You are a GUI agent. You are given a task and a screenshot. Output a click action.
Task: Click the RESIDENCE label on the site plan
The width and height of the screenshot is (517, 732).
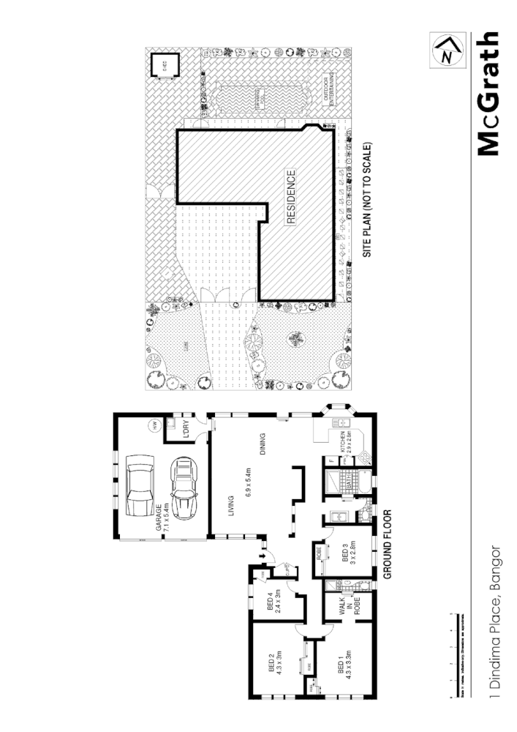coord(291,197)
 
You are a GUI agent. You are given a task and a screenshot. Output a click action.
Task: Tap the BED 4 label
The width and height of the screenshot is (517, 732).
coord(273,604)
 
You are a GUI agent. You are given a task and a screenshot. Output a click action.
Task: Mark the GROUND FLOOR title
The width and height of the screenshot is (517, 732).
coord(388,544)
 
